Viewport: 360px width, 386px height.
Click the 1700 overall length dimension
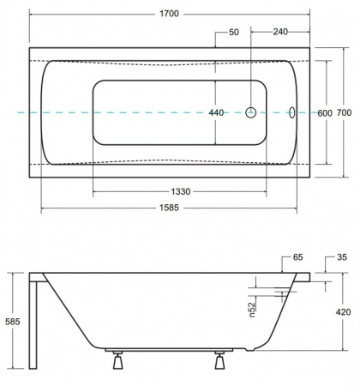pos(169,14)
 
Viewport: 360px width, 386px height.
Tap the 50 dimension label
pos(234,32)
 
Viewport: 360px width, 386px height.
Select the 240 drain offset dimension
pos(280,32)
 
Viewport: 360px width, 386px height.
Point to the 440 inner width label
pos(216,112)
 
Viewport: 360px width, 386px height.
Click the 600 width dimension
pos(325,113)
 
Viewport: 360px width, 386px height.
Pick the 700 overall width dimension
pos(344,112)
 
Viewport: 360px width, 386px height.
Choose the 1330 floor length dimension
pos(181,191)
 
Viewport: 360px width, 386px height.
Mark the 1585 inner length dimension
pos(169,208)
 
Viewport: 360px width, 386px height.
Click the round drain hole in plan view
pos(251,112)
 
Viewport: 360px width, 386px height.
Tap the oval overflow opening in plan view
pos(292,112)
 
